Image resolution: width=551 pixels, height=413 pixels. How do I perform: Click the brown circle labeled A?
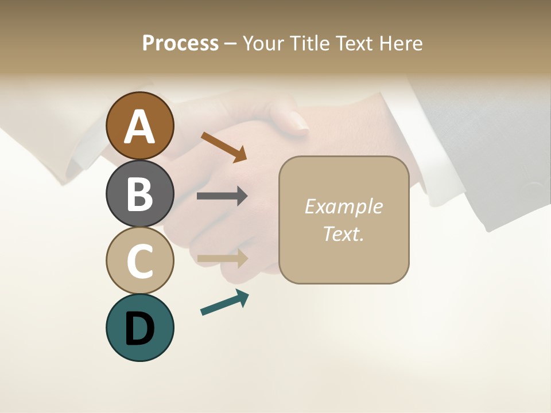pyautogui.click(x=140, y=126)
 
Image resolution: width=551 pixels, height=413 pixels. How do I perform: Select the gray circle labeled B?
pyautogui.click(x=140, y=193)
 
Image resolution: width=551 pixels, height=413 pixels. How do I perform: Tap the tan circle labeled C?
pyautogui.click(x=140, y=260)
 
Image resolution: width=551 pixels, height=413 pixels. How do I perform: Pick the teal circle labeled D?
pyautogui.click(x=140, y=328)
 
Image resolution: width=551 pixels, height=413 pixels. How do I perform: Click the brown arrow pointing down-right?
pyautogui.click(x=224, y=146)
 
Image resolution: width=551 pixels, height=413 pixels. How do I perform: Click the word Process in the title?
pyautogui.click(x=180, y=43)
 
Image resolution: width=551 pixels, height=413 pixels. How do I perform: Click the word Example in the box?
pyautogui.click(x=343, y=206)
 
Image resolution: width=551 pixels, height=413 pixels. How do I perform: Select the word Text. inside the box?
pyautogui.click(x=343, y=233)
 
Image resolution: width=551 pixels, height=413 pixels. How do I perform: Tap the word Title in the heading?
pyautogui.click(x=311, y=43)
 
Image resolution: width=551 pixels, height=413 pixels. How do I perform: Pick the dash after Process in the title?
pyautogui.click(x=231, y=44)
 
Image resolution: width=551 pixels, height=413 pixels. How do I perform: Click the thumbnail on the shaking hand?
pyautogui.click(x=298, y=122)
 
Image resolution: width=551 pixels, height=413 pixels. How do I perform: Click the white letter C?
pyautogui.click(x=140, y=262)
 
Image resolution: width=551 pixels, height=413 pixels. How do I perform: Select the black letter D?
pyautogui.click(x=140, y=329)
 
